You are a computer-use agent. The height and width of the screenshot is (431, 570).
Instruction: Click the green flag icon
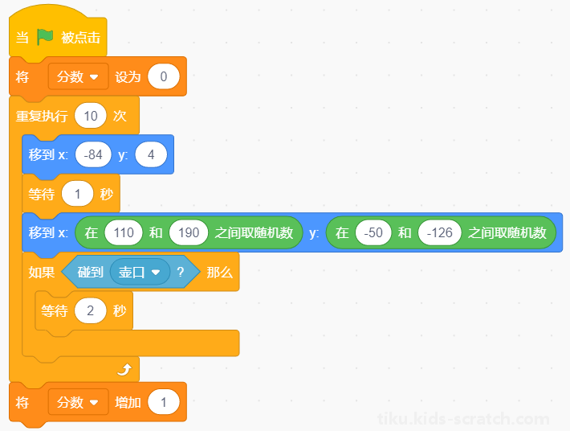[45, 37]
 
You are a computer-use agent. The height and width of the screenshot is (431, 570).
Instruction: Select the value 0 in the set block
[164, 76]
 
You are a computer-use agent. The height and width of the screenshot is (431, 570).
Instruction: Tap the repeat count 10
[91, 116]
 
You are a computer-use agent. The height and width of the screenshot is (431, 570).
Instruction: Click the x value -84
[93, 154]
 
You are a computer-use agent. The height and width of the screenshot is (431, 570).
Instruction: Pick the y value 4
[151, 154]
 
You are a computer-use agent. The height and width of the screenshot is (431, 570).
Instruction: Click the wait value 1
[77, 194]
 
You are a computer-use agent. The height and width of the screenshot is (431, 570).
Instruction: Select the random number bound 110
[124, 232]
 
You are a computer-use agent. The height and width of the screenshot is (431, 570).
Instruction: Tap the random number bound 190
[189, 232]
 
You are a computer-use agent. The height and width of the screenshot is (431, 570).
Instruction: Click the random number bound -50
[373, 232]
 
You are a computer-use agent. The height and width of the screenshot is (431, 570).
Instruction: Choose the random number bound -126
[439, 232]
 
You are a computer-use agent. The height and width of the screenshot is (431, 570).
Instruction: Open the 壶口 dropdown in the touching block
[140, 272]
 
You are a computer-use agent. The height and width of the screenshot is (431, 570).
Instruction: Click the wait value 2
[91, 310]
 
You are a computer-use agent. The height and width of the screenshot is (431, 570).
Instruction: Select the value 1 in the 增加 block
[164, 402]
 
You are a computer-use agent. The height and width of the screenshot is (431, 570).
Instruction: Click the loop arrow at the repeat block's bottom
[124, 370]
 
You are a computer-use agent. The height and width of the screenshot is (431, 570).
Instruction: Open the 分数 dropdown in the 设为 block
[78, 76]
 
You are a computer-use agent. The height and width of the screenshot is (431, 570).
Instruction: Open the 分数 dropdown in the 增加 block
[78, 402]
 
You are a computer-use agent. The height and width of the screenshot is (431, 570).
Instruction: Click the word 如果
[42, 273]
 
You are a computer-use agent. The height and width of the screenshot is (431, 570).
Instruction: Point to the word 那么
[219, 273]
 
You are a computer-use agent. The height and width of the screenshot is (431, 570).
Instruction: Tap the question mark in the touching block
[181, 273]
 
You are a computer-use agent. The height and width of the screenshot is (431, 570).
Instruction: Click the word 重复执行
[42, 116]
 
